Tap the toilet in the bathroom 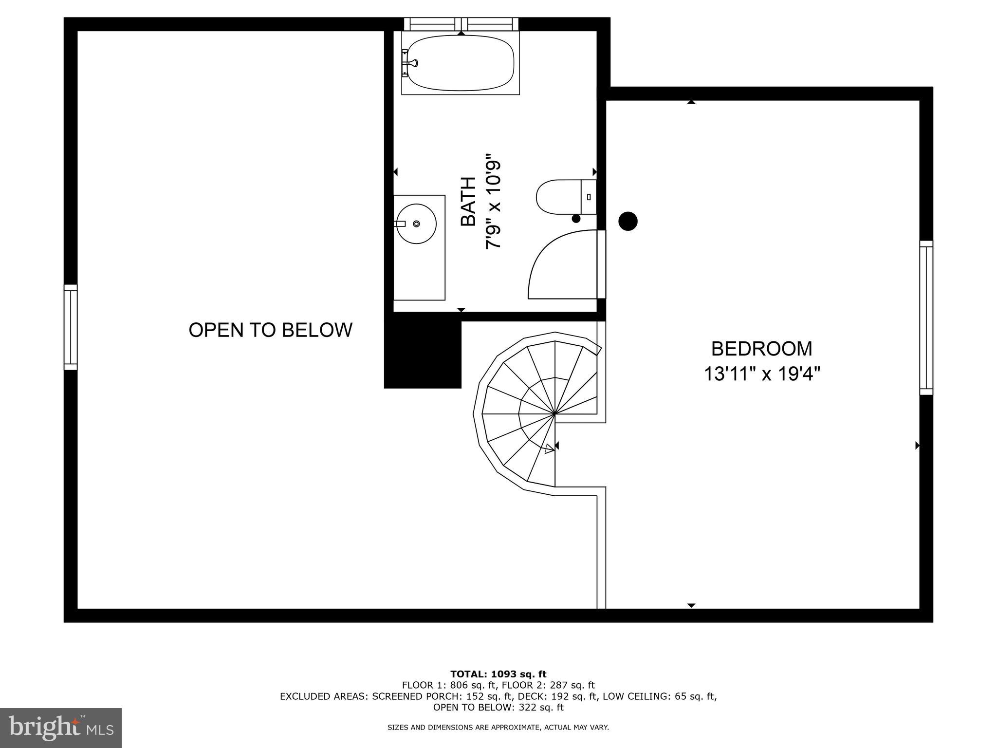click(560, 197)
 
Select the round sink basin click(416, 224)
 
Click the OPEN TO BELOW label click(270, 330)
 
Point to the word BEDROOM click(761, 349)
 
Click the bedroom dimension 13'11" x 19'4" click(762, 374)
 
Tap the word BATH click(468, 202)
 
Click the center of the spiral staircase click(554, 414)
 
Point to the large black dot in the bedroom click(628, 221)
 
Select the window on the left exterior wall click(71, 327)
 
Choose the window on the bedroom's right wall click(926, 318)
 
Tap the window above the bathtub click(461, 24)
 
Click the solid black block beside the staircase click(422, 351)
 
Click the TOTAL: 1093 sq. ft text click(498, 674)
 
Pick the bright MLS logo click(61, 728)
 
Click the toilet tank click(589, 197)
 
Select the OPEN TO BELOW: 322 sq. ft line click(498, 708)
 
